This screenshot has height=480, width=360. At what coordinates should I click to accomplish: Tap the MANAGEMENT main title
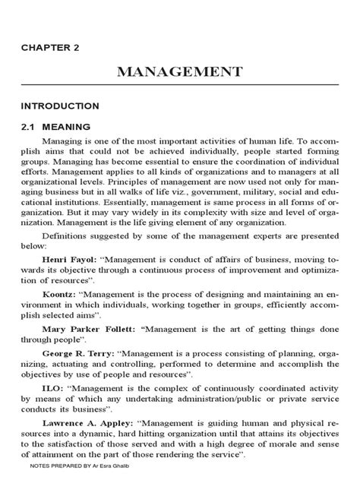tap(179, 72)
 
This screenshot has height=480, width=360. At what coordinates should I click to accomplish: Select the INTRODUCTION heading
tap(60, 106)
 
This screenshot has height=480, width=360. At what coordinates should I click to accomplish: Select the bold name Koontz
tap(59, 314)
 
